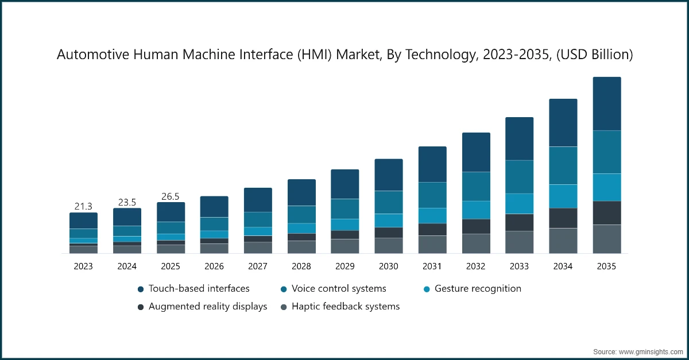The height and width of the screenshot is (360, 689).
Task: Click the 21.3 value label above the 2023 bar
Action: tap(83, 206)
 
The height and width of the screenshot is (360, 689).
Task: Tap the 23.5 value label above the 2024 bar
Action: tap(127, 202)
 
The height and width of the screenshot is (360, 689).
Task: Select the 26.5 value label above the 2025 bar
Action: tap(171, 196)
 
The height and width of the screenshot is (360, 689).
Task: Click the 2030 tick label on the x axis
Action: tap(389, 266)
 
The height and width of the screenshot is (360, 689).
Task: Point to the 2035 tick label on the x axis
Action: tap(607, 266)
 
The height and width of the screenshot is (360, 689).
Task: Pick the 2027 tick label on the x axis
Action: tap(258, 266)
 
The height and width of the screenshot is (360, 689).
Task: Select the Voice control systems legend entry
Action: tap(339, 288)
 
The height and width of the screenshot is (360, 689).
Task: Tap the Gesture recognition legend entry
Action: tap(478, 288)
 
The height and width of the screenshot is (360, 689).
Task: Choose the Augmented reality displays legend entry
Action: tap(207, 306)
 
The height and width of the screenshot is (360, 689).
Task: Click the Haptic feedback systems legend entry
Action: tap(345, 306)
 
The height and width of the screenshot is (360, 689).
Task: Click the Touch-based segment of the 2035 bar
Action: tap(607, 103)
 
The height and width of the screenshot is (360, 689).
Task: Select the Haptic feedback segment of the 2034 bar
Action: tap(563, 241)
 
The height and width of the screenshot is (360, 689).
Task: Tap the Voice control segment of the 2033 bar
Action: tap(520, 177)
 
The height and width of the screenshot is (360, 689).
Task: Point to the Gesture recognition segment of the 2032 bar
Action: tap(476, 210)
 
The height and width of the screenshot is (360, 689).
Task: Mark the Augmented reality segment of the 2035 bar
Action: tap(607, 212)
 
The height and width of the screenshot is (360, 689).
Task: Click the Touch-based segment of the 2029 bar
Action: tap(345, 184)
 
